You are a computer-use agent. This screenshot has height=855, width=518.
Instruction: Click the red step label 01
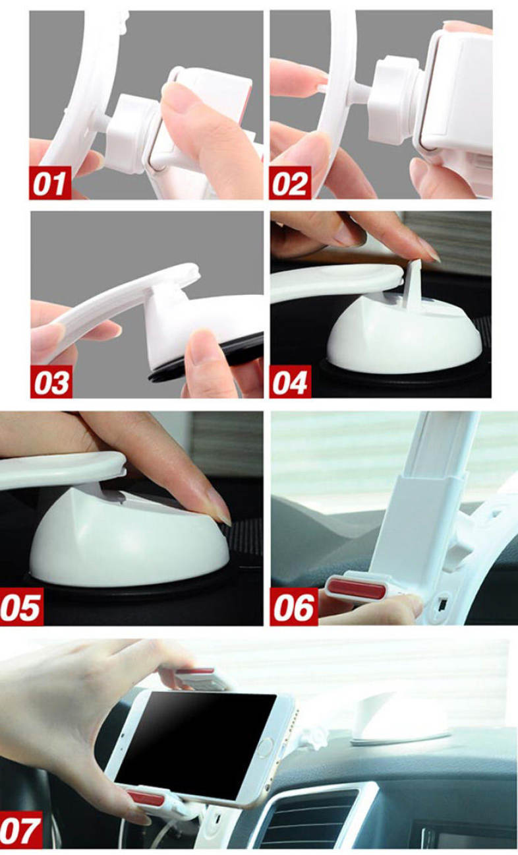[x=50, y=183]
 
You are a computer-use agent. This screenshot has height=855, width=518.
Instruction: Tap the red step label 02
[x=290, y=183]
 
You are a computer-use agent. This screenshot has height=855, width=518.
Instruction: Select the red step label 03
[x=51, y=382]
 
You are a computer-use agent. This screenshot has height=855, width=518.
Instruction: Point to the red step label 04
[x=290, y=382]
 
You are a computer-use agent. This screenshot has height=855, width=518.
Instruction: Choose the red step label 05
[x=21, y=606]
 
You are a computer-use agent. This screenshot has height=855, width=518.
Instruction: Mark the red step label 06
[x=293, y=606]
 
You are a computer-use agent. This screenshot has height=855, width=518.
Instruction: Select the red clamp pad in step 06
[x=357, y=588]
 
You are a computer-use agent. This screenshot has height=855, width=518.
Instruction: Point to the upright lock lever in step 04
[x=412, y=284]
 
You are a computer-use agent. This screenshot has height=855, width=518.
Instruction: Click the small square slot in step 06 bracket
[x=442, y=604]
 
